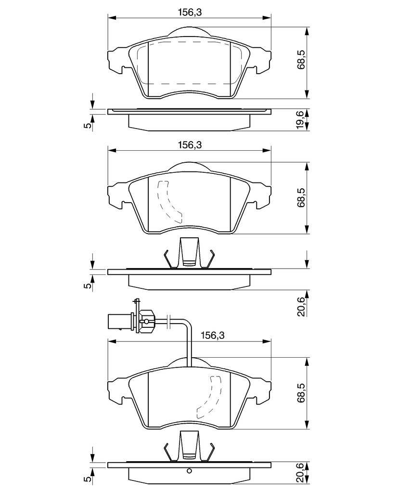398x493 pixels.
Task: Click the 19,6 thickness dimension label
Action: (301, 119)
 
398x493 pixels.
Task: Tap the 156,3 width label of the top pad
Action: (190, 12)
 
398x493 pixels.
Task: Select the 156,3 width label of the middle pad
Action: (190, 145)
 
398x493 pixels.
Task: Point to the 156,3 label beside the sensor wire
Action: (213, 336)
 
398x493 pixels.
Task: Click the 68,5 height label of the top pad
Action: (301, 59)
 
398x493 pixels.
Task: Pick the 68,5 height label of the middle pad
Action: (301, 197)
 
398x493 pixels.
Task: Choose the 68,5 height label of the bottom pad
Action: (301, 392)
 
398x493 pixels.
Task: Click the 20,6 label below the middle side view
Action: (301, 307)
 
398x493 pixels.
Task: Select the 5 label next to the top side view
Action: (89, 125)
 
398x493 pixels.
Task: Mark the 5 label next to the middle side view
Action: (89, 285)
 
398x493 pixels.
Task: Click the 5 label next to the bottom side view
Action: (89, 479)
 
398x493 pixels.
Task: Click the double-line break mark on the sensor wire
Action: (169, 321)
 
